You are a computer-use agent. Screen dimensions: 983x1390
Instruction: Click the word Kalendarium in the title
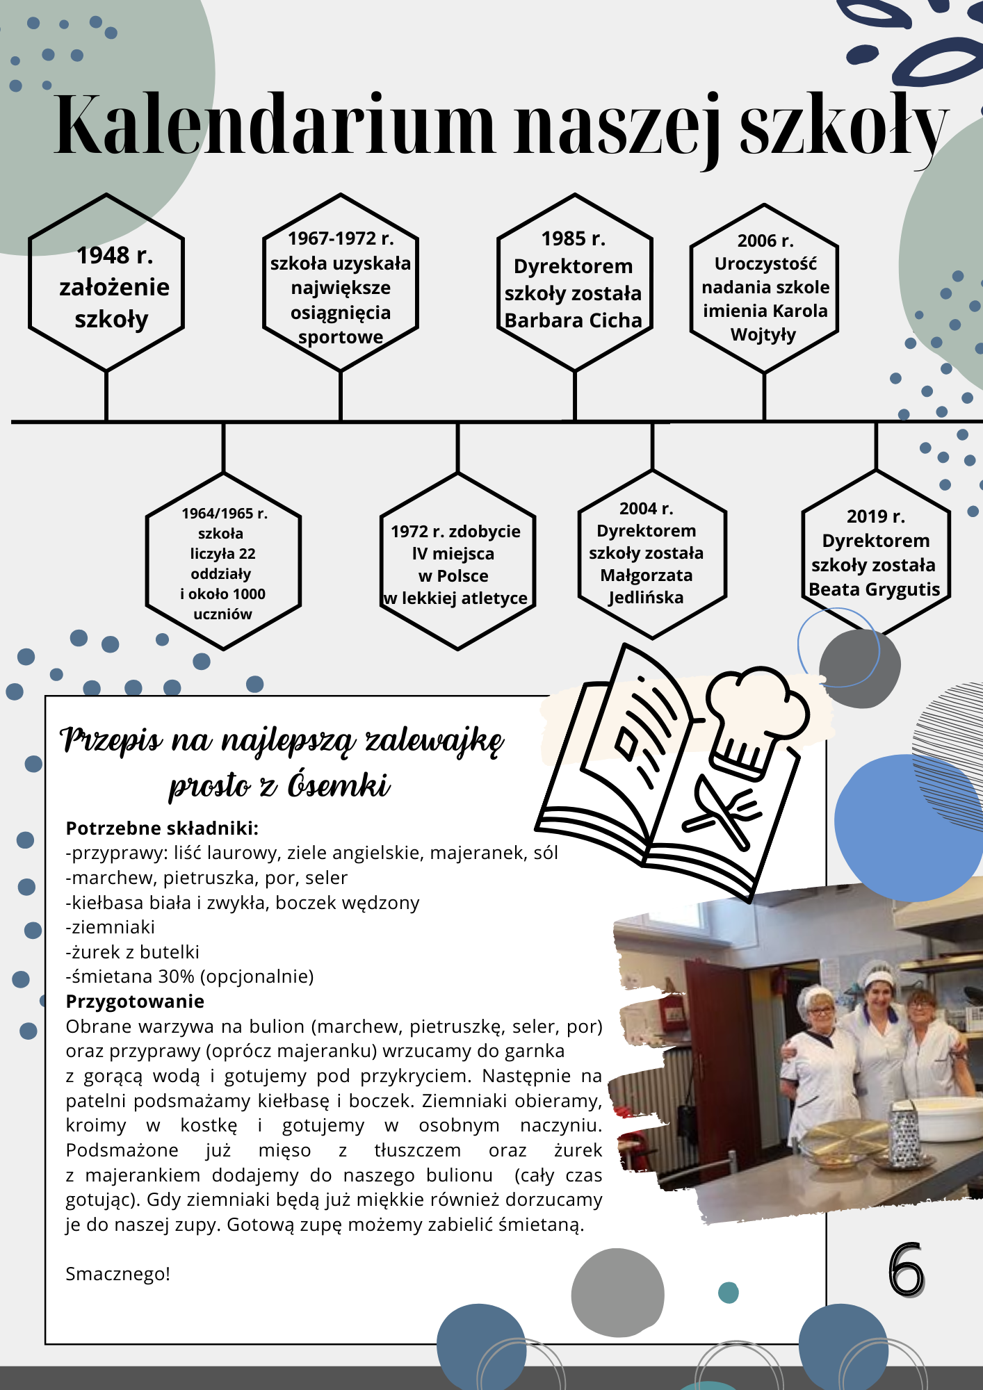tap(275, 125)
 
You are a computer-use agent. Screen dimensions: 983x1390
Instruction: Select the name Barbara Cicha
tap(574, 320)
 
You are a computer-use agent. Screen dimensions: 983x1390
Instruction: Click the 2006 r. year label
tap(765, 240)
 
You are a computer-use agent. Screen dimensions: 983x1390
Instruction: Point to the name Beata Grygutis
tap(875, 589)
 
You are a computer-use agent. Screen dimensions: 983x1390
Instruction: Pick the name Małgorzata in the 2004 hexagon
tap(647, 575)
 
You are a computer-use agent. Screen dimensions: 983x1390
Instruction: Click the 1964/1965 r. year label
tap(225, 514)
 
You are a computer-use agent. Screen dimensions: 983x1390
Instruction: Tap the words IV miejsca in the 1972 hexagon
tap(453, 554)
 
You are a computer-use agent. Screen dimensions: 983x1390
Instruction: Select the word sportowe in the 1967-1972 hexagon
tap(341, 338)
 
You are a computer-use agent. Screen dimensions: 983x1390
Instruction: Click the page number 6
tap(906, 1270)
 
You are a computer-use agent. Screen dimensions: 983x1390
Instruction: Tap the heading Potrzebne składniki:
tap(162, 828)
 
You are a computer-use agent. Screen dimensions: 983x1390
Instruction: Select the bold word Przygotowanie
tap(135, 1001)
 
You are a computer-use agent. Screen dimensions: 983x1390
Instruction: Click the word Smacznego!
tap(117, 1274)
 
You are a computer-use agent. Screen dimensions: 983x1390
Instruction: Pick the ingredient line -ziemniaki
tap(110, 927)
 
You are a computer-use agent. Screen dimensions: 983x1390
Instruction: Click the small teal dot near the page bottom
tap(728, 1293)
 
